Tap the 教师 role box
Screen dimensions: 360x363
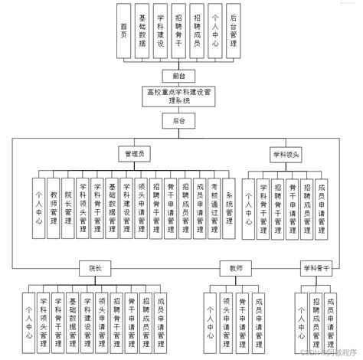coord(234,267)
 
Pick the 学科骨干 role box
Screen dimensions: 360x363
coord(316,267)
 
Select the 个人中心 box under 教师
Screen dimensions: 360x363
coord(209,318)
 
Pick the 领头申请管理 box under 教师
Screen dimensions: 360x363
coord(226,318)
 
